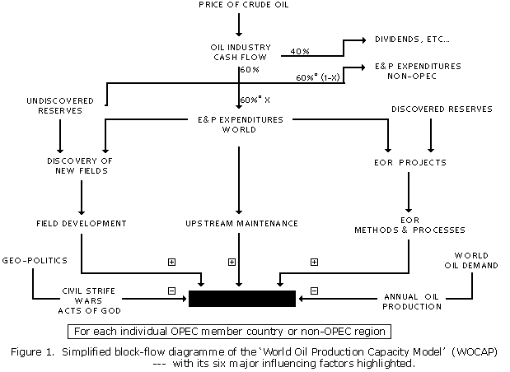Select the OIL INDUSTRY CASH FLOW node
click(x=237, y=51)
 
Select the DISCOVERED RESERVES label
click(x=442, y=108)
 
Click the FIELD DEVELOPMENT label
click(x=81, y=223)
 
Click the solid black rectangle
click(x=242, y=298)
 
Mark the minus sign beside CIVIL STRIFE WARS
click(x=171, y=291)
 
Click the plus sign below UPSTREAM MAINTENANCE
click(x=232, y=262)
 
